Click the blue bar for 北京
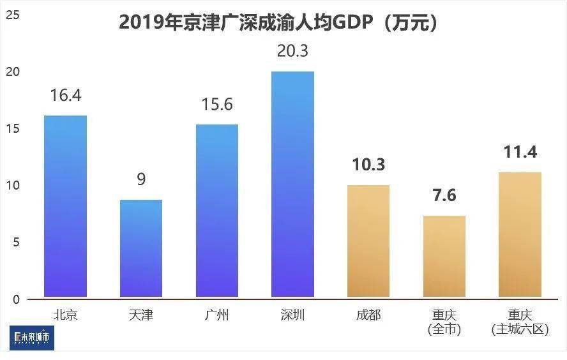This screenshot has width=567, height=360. [x=65, y=206]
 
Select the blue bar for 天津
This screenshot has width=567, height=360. [x=141, y=248]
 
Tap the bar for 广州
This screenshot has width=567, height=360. [x=217, y=211]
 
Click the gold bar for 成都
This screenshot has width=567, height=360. [x=368, y=241]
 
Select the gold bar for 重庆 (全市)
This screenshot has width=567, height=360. [x=444, y=256]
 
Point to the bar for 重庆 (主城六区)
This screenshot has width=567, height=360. [x=520, y=234]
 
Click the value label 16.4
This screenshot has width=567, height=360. [x=65, y=96]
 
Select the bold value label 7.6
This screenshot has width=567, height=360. [x=444, y=195]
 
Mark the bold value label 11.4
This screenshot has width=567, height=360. [x=520, y=152]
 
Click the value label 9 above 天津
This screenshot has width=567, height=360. [x=141, y=179]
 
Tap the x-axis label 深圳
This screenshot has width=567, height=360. [x=292, y=315]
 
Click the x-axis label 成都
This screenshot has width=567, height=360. [x=368, y=315]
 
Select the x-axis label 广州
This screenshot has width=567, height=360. [x=217, y=315]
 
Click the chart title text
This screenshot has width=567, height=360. [x=278, y=22]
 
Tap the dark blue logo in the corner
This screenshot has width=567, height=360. [x=32, y=338]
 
